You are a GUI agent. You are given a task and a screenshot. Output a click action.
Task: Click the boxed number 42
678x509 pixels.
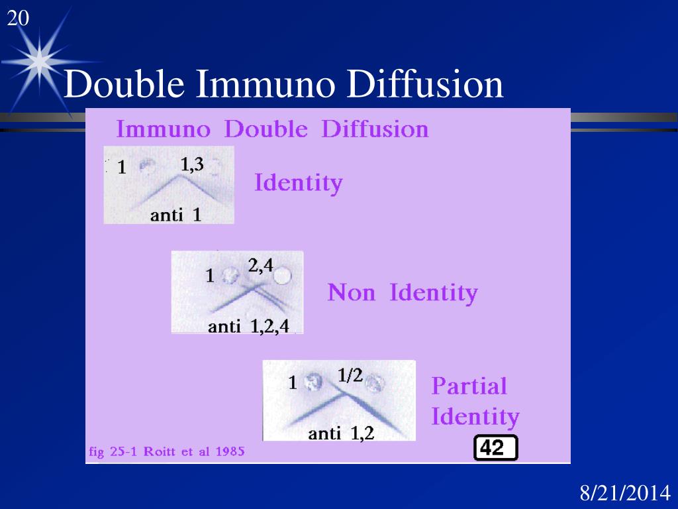(x=496, y=449)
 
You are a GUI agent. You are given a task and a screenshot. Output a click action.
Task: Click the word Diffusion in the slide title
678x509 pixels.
(x=426, y=85)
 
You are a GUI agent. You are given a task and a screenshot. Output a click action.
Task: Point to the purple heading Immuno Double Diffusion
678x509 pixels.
(x=272, y=129)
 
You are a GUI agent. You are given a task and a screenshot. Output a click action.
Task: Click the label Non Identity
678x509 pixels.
(x=402, y=292)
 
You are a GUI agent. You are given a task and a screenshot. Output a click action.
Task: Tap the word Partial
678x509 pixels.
(x=469, y=386)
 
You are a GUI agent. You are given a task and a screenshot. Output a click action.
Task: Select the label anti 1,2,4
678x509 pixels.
(x=248, y=326)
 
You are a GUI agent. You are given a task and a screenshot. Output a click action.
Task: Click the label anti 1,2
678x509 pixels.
(x=341, y=434)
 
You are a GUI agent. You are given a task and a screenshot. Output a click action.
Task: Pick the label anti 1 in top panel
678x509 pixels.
(x=175, y=215)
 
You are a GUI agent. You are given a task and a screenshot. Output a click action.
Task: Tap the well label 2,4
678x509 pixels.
(x=260, y=266)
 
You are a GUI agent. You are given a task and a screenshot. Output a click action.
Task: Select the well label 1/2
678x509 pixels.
(x=350, y=375)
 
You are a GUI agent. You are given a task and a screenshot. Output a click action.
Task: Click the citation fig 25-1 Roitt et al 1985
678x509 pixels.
(x=166, y=452)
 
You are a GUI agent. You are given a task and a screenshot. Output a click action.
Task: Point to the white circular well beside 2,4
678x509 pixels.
(x=282, y=275)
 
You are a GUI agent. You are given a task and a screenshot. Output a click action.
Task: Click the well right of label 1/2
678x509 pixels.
(x=375, y=382)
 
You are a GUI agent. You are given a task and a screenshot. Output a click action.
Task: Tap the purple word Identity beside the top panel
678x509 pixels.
(x=299, y=182)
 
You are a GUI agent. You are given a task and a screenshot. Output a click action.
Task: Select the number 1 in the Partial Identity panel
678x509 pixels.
(x=292, y=383)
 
